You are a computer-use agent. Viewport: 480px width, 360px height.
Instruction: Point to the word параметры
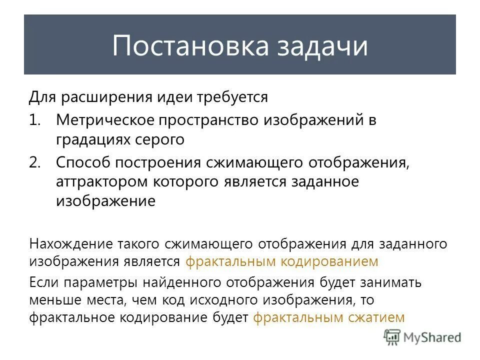pyautogui.click(x=93, y=282)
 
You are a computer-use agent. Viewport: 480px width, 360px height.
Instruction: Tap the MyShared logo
pyautogui.click(x=422, y=337)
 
